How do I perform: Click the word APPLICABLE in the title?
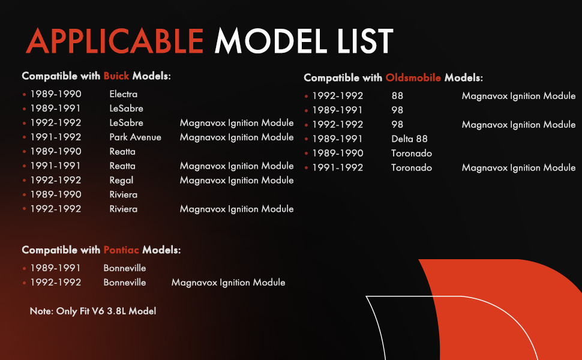[x=115, y=41]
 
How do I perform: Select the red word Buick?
[x=116, y=76]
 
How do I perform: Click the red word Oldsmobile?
[x=413, y=77]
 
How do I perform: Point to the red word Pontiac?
[x=121, y=250]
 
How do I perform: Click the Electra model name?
[x=123, y=94]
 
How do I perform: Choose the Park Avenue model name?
[x=135, y=137]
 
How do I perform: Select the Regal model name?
[x=121, y=181]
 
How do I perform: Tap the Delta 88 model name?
[x=409, y=139]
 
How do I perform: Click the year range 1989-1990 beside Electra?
[x=56, y=94]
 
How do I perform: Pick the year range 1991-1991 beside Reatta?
[x=55, y=166]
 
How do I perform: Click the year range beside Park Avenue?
[x=56, y=137]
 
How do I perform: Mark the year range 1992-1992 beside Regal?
[x=56, y=180]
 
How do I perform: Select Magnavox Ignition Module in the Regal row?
[x=236, y=181]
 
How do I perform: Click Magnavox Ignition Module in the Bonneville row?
[x=228, y=283]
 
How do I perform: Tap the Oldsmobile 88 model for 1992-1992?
[x=397, y=96]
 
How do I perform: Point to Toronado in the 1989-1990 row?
[x=411, y=153]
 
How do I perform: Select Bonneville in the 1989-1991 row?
[x=124, y=268]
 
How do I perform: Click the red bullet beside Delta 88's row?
[x=306, y=139]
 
